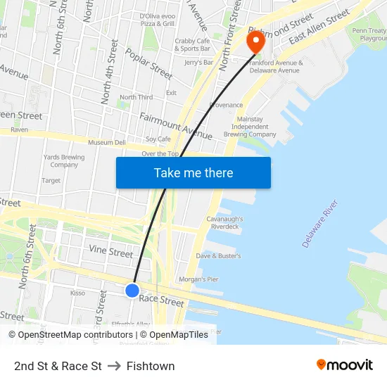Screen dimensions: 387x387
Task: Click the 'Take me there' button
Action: (193, 172)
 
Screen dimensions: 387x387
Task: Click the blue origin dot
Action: (132, 290)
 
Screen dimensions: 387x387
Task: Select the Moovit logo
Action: (345, 364)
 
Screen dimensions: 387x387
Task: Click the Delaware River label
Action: (320, 223)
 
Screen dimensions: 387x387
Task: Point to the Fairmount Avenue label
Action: (176, 125)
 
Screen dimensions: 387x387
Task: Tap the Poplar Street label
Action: (148, 63)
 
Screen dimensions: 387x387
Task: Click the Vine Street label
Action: (110, 252)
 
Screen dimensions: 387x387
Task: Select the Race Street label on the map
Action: (161, 300)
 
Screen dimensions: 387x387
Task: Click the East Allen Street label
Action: (319, 26)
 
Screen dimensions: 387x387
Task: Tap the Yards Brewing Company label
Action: (63, 161)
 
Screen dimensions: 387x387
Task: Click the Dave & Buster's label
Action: (218, 256)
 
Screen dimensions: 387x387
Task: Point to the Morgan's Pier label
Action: (198, 279)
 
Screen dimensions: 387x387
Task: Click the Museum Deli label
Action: (106, 143)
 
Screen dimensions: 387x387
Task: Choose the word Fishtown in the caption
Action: (151, 366)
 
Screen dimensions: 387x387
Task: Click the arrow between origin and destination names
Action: (114, 366)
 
